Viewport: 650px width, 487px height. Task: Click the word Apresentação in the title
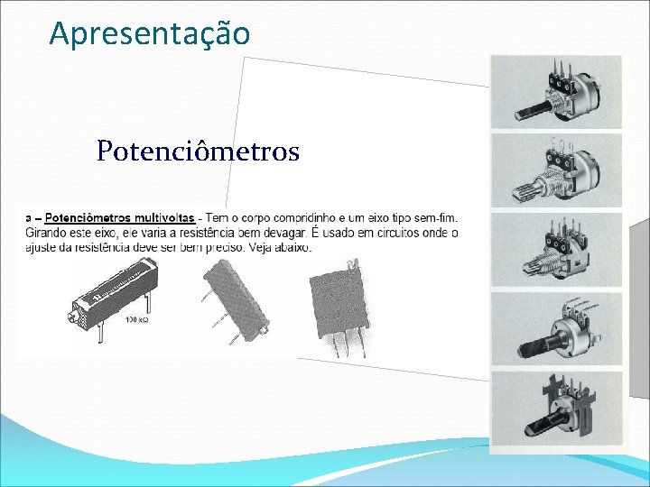[x=149, y=33]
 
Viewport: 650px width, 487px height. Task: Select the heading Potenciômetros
[x=198, y=151]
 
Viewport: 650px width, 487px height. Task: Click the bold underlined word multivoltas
[x=162, y=217]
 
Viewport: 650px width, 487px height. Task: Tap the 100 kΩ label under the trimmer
[x=137, y=320]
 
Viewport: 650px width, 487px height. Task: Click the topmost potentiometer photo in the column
[x=556, y=92]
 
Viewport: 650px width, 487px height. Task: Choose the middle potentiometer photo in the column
[x=556, y=249]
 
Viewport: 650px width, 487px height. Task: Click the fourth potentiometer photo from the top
[x=556, y=327]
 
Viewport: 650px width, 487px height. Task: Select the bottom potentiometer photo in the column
[x=556, y=409]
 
